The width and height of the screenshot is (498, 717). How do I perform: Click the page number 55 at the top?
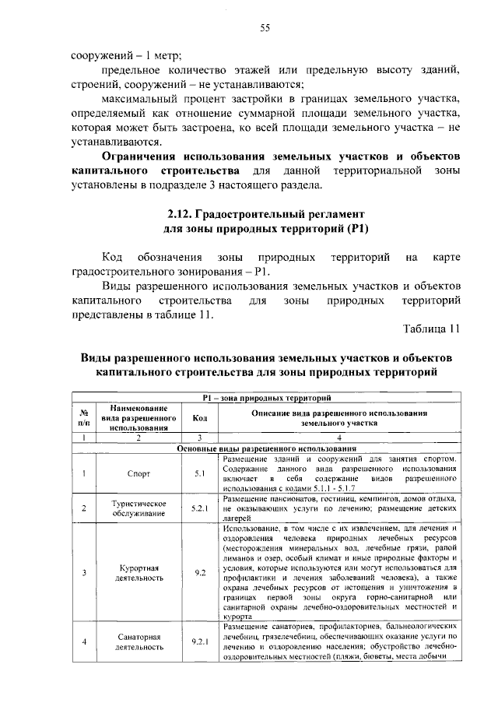click(265, 28)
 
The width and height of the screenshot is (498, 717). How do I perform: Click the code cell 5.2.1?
click(199, 508)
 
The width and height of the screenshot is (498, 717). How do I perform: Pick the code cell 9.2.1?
click(199, 641)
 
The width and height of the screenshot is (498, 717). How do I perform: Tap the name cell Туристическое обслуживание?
click(138, 508)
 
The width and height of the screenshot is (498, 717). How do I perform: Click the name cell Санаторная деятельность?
click(138, 641)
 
